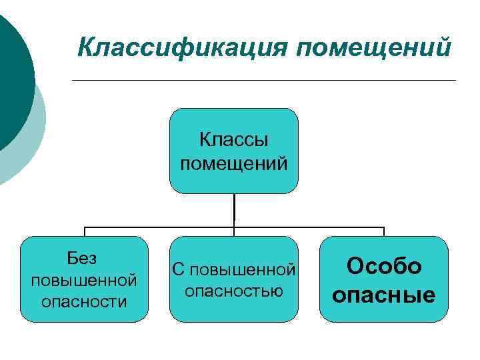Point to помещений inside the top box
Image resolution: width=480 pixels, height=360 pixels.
[233, 162]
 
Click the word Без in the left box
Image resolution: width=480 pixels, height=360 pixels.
[83, 257]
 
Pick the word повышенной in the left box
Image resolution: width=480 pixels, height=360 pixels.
[84, 279]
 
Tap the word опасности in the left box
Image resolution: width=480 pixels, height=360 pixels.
[84, 301]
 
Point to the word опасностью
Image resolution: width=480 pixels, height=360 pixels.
[233, 291]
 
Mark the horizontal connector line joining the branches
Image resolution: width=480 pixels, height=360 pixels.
[160, 226]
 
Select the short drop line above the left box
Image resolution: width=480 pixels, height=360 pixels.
[85, 231]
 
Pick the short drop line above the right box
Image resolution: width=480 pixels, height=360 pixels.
[384, 231]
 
